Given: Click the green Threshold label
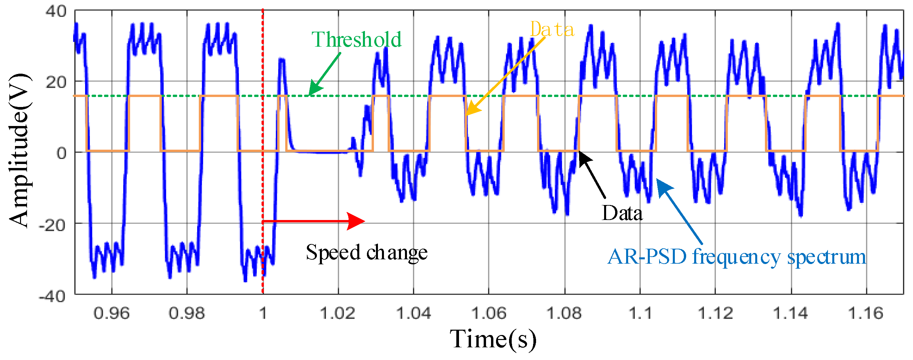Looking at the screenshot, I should point(356,39).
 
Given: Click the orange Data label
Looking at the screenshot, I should point(552,29).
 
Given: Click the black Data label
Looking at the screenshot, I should point(622,214).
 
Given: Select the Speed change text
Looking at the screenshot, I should point(367,253).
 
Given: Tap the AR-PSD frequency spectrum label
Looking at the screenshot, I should point(737,257).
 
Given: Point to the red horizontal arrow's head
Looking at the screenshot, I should point(356,221).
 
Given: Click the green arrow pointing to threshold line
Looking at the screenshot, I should point(324,74).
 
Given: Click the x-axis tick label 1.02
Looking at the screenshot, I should point(338,314).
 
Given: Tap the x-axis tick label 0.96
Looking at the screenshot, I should point(111,314).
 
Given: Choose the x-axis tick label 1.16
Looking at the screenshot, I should point(865,314).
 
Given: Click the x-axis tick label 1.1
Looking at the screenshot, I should point(640,314).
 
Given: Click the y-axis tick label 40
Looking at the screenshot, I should point(56,11).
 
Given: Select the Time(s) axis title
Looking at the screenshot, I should point(493,339).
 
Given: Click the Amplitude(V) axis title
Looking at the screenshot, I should point(19,150).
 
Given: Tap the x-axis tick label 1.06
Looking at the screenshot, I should point(488,314).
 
